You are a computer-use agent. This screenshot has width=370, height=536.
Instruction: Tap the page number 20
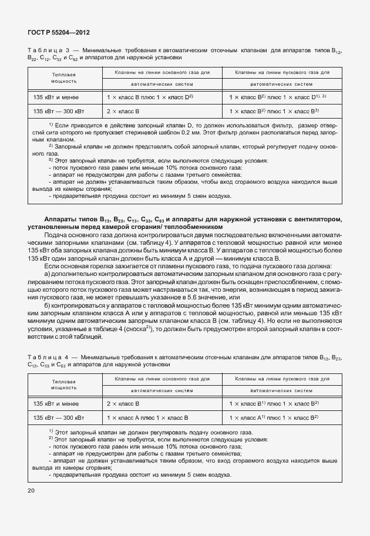click(31, 489)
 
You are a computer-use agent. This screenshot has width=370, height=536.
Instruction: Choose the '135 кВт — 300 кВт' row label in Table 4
click(58, 417)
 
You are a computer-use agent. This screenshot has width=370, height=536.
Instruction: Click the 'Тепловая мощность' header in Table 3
click(63, 78)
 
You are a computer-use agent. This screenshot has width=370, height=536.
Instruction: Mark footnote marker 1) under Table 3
click(51, 125)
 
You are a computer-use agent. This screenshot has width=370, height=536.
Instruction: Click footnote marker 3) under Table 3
click(51, 159)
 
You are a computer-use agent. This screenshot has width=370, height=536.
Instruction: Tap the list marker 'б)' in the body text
click(48, 306)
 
